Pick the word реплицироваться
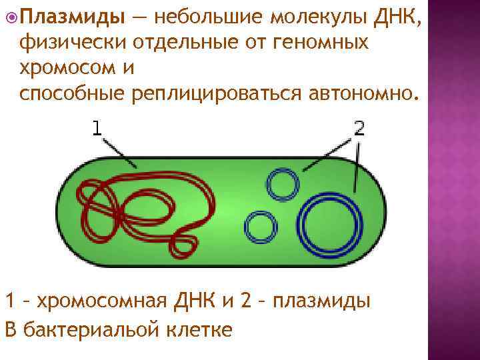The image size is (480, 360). click(x=221, y=95)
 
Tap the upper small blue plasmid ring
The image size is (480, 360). click(x=284, y=183)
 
